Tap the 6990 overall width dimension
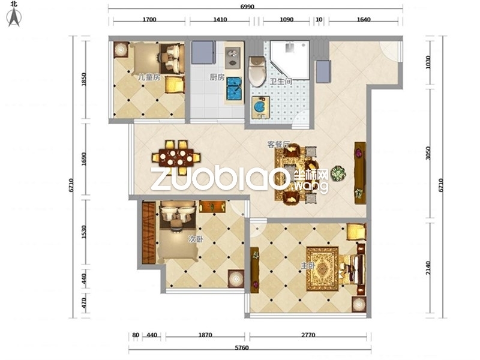(247, 7)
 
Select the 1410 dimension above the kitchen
(220, 20)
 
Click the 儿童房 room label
(149, 77)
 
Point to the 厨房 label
(217, 77)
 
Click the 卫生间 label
(281, 82)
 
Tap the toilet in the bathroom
(257, 71)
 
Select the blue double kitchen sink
(234, 89)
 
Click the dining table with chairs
(176, 157)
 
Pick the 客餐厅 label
(278, 144)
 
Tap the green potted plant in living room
(338, 173)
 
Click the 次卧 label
(196, 239)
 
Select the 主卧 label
(308, 265)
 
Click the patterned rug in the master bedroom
(323, 269)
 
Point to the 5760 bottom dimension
(242, 348)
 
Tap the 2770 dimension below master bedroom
(308, 335)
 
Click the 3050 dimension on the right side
(428, 153)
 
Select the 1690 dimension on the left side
(83, 159)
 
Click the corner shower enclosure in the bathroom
(290, 60)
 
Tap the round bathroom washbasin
(260, 107)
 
